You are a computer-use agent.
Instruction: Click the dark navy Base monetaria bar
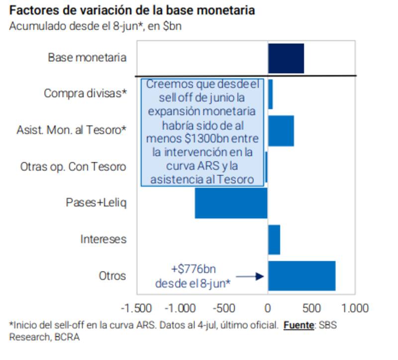click(286, 58)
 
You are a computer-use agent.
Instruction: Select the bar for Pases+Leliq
click(231, 203)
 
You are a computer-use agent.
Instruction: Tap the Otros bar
click(301, 276)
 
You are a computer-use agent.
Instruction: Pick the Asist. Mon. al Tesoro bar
click(281, 131)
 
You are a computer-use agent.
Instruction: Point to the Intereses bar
click(274, 240)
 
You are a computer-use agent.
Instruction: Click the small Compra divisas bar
click(270, 94)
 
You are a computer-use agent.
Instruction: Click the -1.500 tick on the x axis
click(136, 305)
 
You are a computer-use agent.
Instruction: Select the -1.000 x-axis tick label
click(180, 305)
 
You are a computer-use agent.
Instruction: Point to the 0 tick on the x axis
click(268, 305)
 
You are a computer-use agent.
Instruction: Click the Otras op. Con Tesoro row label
click(73, 167)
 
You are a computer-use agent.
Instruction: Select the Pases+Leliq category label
click(96, 203)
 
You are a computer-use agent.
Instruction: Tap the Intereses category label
click(103, 240)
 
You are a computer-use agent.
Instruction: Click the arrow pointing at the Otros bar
click(250, 276)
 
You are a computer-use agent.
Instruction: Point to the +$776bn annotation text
click(193, 269)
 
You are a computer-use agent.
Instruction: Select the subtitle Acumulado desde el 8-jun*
click(95, 26)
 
